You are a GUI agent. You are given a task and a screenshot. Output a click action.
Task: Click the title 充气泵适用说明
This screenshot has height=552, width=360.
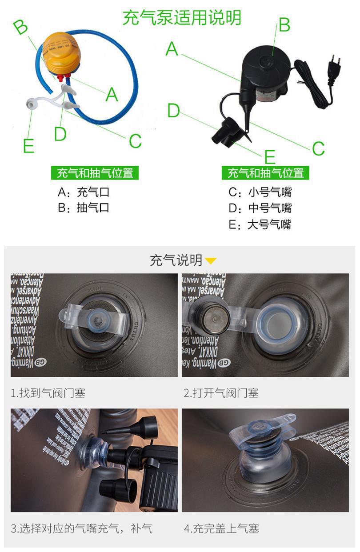pos(182,18)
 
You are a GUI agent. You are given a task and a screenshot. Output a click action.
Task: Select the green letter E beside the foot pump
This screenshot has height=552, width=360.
pos(28,145)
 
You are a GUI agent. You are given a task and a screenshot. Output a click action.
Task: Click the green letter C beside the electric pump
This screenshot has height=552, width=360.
pos(318,148)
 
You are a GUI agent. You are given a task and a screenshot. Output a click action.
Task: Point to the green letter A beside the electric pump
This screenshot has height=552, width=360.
pos(172,48)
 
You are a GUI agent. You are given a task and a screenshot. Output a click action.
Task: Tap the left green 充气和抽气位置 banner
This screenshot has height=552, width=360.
pos(95,173)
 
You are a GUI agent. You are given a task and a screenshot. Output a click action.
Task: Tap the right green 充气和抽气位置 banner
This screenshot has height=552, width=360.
pos(265,173)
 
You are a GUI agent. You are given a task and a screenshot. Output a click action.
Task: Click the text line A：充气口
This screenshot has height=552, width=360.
pos(84,192)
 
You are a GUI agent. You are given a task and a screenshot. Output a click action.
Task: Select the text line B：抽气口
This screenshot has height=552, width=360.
pos(84,208)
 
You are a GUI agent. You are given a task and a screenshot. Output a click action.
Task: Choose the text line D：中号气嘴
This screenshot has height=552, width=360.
pos(260,208)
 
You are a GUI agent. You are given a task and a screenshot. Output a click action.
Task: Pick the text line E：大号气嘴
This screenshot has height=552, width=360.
pos(260,224)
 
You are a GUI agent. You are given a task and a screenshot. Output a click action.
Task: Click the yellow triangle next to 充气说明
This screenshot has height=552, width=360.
pos(211,261)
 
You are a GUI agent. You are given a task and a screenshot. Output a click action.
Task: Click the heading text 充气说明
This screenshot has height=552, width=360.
pos(176,260)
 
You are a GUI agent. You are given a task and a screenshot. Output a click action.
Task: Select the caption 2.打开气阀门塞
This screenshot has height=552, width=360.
pos(221,393)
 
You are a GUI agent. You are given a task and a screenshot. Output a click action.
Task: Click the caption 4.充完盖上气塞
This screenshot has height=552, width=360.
pos(221,528)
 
